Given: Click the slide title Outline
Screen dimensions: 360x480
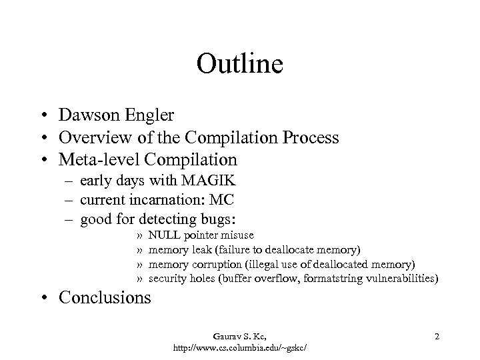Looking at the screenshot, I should [x=240, y=65].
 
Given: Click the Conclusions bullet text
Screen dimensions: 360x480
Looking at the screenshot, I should [x=105, y=297].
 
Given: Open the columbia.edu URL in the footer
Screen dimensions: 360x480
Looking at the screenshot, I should [x=244, y=347].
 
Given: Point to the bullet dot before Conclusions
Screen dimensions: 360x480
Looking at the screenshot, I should [x=49, y=297].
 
